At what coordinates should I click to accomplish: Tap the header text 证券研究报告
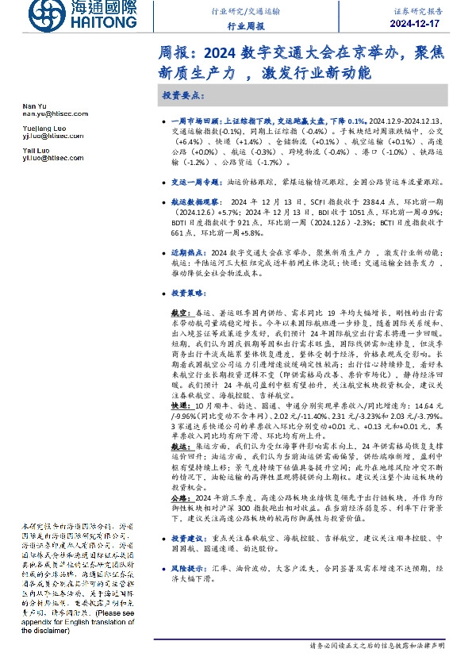pyautogui.click(x=418, y=13)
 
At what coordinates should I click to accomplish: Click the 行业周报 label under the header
pyautogui.click(x=244, y=26)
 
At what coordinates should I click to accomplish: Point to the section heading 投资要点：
pyautogui.click(x=182, y=94)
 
